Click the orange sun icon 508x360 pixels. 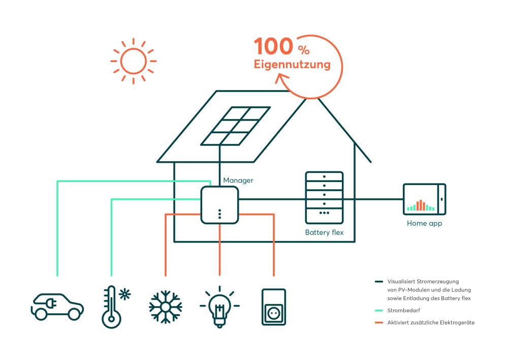click(x=133, y=61)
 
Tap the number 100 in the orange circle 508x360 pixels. click(x=273, y=47)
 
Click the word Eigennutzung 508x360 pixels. click(x=292, y=65)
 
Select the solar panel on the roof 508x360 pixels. click(x=235, y=126)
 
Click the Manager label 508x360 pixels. click(x=238, y=180)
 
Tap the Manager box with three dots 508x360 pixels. click(x=219, y=205)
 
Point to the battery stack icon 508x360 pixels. click(x=324, y=197)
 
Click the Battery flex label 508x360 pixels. click(x=324, y=232)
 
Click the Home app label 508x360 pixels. click(x=424, y=223)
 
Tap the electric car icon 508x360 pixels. click(x=57, y=306)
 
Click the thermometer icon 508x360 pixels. click(x=110, y=307)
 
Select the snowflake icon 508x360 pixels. click(x=166, y=307)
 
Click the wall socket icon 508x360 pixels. click(x=273, y=307)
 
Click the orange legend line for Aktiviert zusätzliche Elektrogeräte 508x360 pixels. click(x=378, y=322)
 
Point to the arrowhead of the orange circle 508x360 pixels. click(x=281, y=79)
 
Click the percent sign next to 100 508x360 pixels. click(x=304, y=50)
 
